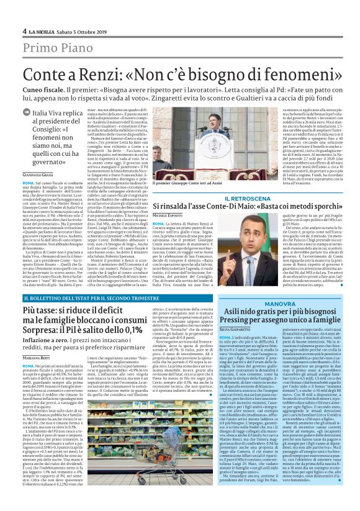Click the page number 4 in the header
click(x=24, y=31)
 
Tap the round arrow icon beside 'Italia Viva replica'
click(x=27, y=130)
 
